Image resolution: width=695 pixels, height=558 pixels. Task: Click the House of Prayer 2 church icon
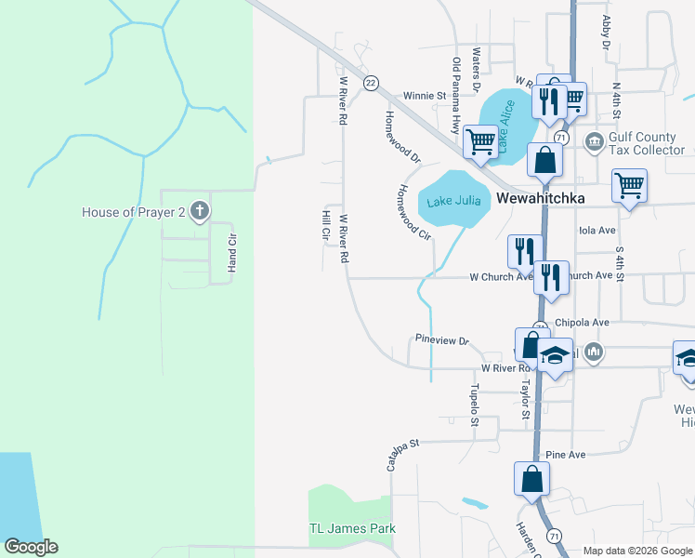click(200, 211)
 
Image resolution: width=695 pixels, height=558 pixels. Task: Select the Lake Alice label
click(505, 127)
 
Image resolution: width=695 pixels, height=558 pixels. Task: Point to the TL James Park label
click(352, 528)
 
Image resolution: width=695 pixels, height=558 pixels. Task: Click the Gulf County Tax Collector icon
click(594, 141)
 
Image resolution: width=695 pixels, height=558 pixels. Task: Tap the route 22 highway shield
click(371, 83)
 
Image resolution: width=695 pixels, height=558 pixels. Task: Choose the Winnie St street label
click(425, 95)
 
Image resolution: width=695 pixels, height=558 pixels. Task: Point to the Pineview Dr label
click(442, 340)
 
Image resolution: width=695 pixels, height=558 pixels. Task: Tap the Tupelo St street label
click(474, 405)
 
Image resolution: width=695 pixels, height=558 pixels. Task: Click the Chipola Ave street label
click(581, 323)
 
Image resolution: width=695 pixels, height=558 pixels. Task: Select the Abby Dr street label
click(606, 33)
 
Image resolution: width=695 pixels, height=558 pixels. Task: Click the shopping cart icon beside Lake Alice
click(480, 142)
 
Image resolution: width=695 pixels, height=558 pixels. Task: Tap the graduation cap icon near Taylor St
click(555, 356)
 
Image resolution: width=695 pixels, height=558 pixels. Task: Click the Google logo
click(31, 547)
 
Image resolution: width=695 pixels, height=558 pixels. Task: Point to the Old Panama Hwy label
click(456, 94)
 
